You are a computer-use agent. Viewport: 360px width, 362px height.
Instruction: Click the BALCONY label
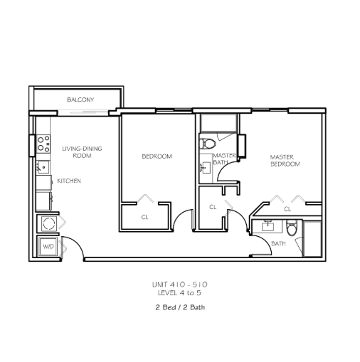[x=80, y=100]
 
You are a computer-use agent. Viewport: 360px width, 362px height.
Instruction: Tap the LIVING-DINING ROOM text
[x=82, y=152]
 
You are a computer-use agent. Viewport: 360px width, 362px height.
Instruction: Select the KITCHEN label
[x=69, y=181]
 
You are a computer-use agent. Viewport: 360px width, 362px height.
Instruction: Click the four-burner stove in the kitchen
[x=43, y=144]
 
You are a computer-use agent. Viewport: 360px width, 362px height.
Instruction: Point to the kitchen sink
[x=43, y=167]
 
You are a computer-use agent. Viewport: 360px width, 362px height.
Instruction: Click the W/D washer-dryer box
[x=48, y=247]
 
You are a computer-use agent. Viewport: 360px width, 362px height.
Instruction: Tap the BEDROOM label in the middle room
[x=157, y=156]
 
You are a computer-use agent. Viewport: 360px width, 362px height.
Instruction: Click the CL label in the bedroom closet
[x=144, y=217]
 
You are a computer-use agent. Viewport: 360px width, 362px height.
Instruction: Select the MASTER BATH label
[x=224, y=159]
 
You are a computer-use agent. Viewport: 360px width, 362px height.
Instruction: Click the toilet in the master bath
[x=207, y=144]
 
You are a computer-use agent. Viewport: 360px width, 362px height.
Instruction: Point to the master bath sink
[x=205, y=168]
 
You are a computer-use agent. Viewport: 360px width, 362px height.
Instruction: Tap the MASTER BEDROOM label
[x=285, y=161]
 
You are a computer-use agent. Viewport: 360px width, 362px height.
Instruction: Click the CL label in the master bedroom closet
[x=287, y=209]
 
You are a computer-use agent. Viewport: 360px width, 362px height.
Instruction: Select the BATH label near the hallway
[x=278, y=243]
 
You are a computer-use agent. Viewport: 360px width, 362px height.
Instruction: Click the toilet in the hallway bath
[x=292, y=228]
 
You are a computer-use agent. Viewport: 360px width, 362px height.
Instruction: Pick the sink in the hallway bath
[x=268, y=226]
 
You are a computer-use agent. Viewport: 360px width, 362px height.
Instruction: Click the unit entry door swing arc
[x=78, y=243]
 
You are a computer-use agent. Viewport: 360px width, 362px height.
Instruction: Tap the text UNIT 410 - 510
[x=180, y=284]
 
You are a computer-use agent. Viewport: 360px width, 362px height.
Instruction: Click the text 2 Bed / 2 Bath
[x=180, y=307]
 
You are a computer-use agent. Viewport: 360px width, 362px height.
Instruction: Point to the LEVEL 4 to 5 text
[x=179, y=293]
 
